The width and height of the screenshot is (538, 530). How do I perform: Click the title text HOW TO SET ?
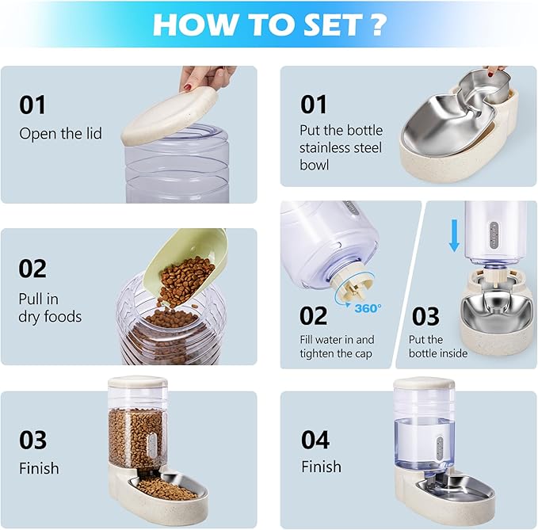[x=269, y=25]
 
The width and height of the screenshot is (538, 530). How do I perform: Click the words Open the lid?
[x=60, y=133]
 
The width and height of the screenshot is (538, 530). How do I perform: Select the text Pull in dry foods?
[x=50, y=308]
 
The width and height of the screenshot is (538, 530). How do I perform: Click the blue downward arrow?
[x=453, y=235]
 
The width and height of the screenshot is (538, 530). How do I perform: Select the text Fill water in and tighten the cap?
[x=336, y=346]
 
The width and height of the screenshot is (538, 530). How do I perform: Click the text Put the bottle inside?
[x=437, y=346]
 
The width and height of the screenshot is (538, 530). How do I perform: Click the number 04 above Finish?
[x=315, y=439]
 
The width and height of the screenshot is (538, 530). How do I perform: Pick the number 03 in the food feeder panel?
[x=32, y=440]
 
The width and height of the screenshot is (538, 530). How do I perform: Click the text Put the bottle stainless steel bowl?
[x=341, y=147]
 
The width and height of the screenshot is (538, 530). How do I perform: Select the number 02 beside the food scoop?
[x=32, y=269]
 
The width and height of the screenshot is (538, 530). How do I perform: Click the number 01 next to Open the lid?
[x=32, y=105]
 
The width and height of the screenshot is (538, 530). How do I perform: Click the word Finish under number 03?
[x=39, y=468]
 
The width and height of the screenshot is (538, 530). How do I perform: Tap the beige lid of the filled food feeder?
[x=136, y=382]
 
